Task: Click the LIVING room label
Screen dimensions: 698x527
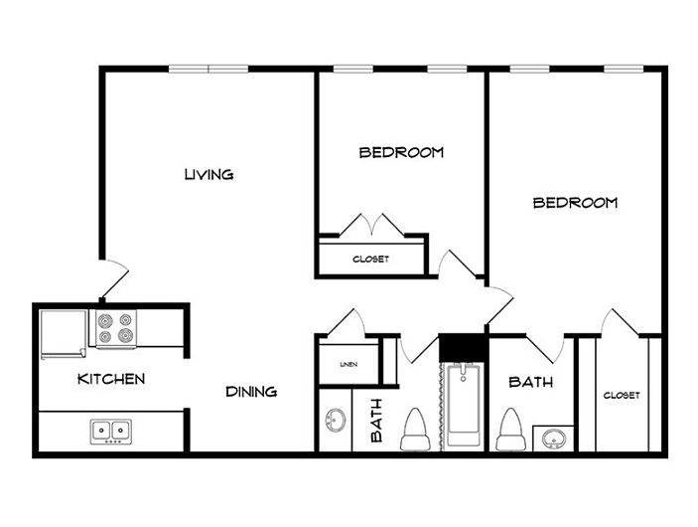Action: pos(209,174)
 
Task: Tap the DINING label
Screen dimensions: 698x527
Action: pos(251,392)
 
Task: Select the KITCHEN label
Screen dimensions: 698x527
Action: pos(111,379)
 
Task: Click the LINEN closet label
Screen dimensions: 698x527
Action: pos(349,364)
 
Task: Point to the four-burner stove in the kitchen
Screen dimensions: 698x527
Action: pos(116,328)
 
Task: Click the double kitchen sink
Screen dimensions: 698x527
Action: pos(111,432)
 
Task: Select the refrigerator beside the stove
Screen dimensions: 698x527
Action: pos(64,334)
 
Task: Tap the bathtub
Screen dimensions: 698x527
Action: pos(464,406)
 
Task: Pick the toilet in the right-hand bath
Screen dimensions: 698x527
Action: pos(510,430)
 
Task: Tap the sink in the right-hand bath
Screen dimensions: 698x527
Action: pos(554,439)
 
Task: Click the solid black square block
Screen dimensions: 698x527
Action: pos(462,347)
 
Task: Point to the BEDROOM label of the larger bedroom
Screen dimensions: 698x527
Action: pos(575,203)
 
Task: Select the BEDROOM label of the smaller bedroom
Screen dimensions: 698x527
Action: pos(401,152)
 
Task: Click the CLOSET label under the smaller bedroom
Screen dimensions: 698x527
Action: pos(370,260)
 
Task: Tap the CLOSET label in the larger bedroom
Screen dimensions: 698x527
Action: pos(622,395)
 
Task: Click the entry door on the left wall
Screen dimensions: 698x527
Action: pos(114,278)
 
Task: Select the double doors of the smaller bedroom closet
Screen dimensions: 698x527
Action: pos(371,225)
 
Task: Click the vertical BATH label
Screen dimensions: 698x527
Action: pos(376,421)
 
